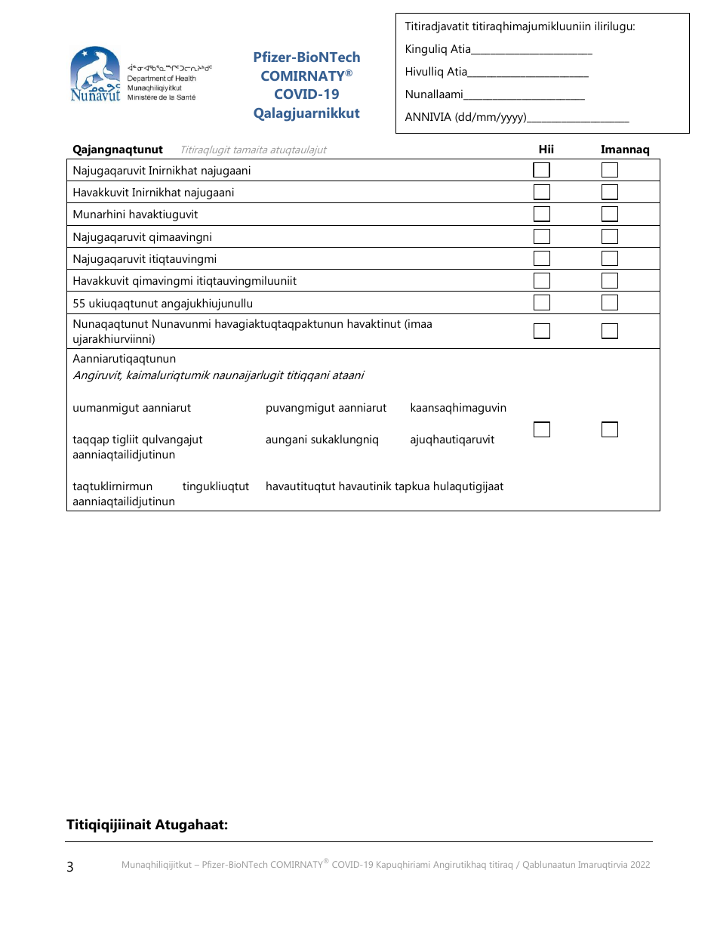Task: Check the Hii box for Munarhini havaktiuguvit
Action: (542, 215)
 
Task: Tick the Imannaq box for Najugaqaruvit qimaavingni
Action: (610, 236)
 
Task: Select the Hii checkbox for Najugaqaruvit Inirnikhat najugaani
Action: (542, 170)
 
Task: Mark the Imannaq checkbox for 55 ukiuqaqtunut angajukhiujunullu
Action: (610, 303)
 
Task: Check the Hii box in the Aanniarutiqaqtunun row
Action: (542, 430)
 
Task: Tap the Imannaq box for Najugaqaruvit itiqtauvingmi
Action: (610, 258)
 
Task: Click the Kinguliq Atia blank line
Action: (531, 51)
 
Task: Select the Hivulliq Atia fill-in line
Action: (528, 74)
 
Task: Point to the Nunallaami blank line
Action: (524, 97)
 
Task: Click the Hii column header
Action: (546, 150)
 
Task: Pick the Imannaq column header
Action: (625, 150)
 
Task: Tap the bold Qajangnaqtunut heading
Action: (118, 150)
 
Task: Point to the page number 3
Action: (70, 867)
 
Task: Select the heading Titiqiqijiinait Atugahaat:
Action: (147, 825)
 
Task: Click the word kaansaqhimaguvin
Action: (458, 408)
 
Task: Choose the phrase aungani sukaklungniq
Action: (322, 440)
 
